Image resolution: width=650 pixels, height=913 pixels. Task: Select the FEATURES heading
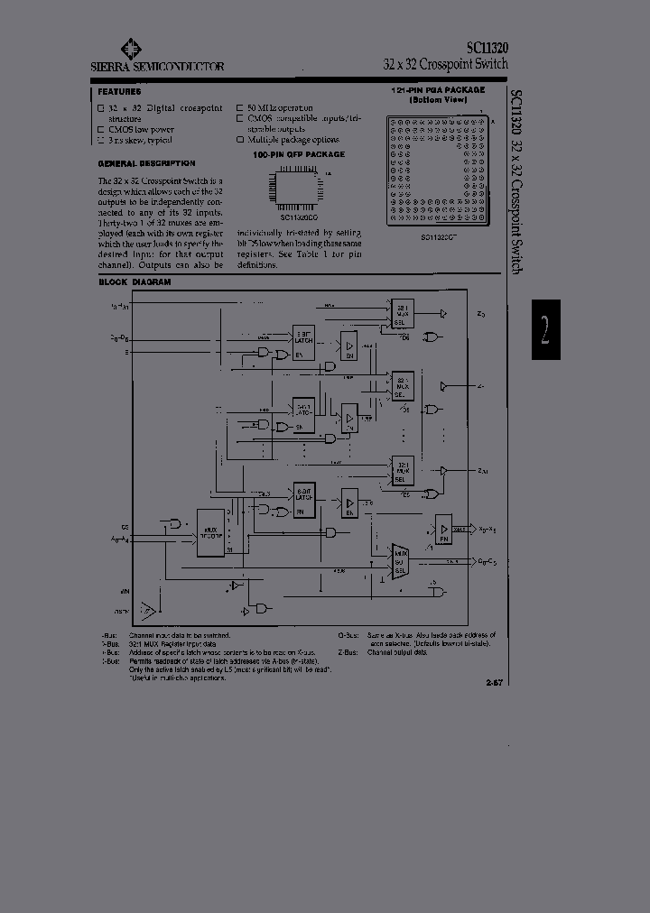[x=118, y=91]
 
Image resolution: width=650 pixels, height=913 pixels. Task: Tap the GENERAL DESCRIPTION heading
[x=145, y=163]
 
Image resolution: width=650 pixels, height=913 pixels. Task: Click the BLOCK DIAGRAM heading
[x=134, y=282]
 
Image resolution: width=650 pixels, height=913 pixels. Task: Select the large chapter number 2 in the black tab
[x=544, y=329]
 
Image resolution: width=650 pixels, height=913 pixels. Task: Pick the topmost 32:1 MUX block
[x=403, y=316]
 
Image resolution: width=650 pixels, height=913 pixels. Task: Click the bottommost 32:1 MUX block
[x=403, y=470]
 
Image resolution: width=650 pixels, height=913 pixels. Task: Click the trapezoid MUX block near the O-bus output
[x=400, y=559]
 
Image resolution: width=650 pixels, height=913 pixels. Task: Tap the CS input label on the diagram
[x=125, y=525]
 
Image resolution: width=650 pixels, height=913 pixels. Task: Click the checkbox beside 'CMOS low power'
[x=101, y=129]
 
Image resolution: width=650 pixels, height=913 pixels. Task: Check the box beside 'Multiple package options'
[x=240, y=140]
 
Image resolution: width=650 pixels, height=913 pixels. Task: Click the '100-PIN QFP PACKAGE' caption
[x=299, y=154]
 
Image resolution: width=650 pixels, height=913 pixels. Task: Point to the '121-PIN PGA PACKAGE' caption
[x=438, y=90]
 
